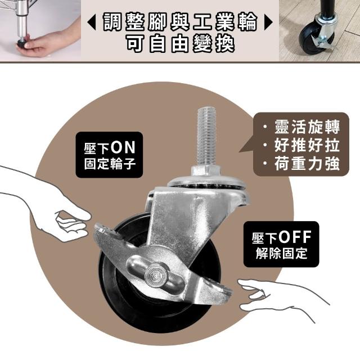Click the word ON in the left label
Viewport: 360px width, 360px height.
point(123,147)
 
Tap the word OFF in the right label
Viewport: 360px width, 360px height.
point(295,237)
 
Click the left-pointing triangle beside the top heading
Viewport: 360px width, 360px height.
point(92,22)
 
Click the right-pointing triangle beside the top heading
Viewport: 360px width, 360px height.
point(268,22)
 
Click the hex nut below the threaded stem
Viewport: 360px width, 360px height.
point(205,171)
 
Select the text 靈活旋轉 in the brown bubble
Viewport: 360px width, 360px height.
point(307,127)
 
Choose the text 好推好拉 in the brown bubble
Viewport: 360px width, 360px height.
point(307,145)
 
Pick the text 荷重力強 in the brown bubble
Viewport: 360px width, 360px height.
point(307,164)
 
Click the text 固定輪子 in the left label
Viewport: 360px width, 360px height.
point(110,164)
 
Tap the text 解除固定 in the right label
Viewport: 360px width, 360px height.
point(281,253)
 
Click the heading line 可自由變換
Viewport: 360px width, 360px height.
point(180,44)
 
